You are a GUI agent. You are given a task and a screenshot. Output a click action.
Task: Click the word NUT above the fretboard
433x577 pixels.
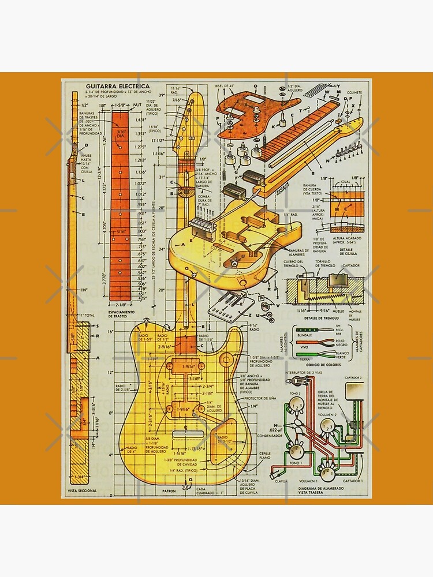(137, 106)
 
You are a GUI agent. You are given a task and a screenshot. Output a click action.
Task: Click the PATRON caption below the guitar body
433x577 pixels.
(169, 492)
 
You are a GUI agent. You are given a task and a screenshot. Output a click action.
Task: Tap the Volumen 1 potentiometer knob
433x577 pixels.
(327, 473)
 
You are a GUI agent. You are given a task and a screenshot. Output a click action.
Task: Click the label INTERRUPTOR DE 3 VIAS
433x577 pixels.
(309, 373)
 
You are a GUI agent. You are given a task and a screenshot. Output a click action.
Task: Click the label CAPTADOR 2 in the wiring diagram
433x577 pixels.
(353, 377)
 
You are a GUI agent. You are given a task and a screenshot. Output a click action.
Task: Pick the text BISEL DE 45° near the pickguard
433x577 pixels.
(225, 86)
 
